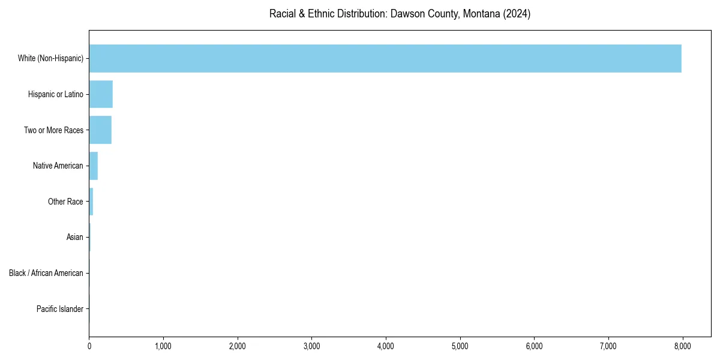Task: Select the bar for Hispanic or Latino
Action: [x=101, y=94]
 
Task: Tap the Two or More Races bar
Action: [x=100, y=130]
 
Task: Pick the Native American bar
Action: [x=93, y=166]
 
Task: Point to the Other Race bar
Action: [x=91, y=202]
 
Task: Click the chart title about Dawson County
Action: [x=400, y=14]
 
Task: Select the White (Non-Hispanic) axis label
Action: [x=50, y=58]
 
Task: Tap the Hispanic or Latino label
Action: [x=56, y=94]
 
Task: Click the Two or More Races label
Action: [x=53, y=130]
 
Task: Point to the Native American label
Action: [x=58, y=166]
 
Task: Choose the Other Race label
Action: [x=65, y=202]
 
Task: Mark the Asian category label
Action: [x=75, y=238]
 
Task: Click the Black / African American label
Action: [x=46, y=273]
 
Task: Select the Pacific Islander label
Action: [x=60, y=309]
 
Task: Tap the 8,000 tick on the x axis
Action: [x=683, y=346]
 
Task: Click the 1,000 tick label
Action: [x=163, y=346]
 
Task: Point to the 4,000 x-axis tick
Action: [x=386, y=346]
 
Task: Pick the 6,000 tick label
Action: [x=534, y=346]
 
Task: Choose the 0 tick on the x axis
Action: [x=89, y=346]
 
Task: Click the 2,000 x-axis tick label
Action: [x=238, y=346]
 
